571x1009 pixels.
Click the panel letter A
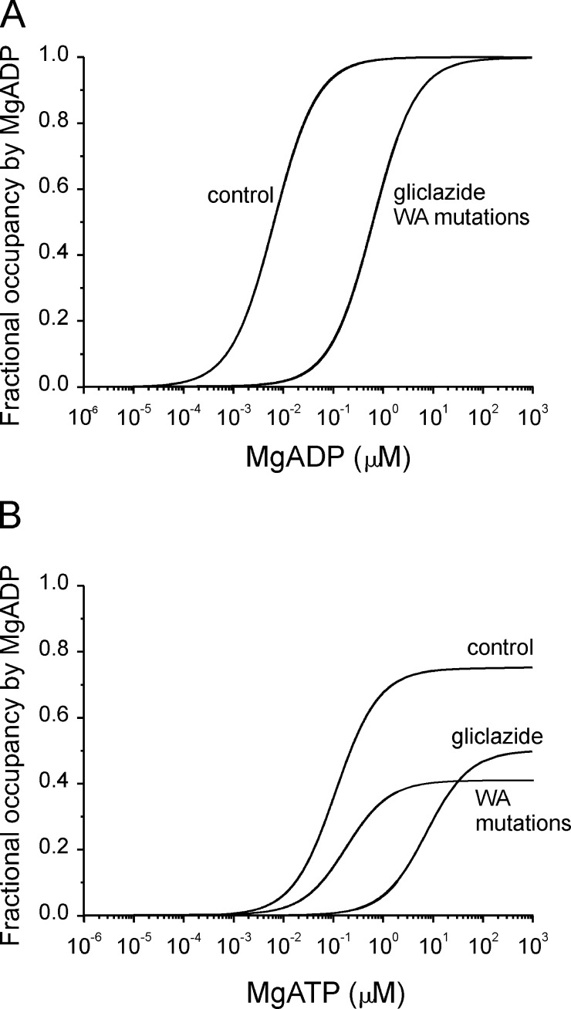[16, 16]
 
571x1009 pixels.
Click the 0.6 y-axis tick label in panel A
[61, 189]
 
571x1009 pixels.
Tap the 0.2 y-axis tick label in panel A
[61, 320]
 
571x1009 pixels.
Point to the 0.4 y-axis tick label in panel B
[61, 784]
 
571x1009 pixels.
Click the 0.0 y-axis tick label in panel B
[61, 916]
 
